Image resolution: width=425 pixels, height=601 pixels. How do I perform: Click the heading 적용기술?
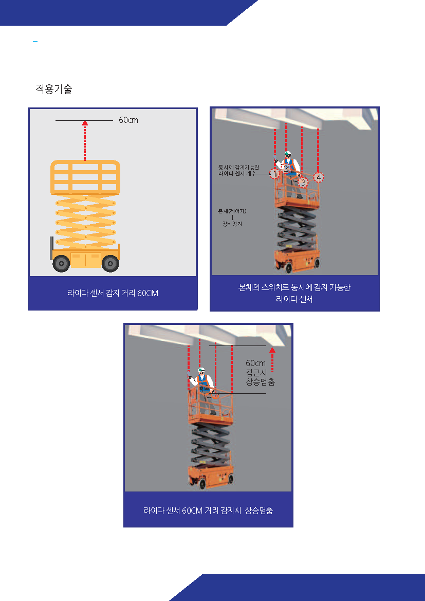[x=53, y=89]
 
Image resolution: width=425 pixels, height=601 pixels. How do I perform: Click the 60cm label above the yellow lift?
[x=128, y=120]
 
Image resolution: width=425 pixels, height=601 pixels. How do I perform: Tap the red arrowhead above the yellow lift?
[x=85, y=123]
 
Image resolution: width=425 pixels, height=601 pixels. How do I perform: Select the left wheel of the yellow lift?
[x=61, y=263]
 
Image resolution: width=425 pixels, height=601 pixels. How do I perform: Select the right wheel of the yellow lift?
[x=110, y=263]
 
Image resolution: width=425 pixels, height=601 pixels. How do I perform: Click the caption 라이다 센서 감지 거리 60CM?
[x=113, y=293]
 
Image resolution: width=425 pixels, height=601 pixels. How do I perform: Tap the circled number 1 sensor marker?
[x=274, y=174]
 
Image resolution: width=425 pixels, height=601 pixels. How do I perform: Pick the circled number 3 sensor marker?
[x=303, y=183]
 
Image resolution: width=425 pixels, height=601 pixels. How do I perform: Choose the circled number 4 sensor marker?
[x=319, y=177]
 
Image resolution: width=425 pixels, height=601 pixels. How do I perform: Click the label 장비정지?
[x=232, y=224]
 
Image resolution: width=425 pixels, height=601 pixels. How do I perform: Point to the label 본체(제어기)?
[x=232, y=211]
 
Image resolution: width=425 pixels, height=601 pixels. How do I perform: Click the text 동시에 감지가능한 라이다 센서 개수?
[x=238, y=171]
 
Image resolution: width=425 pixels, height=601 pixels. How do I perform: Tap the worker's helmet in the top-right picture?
[x=288, y=154]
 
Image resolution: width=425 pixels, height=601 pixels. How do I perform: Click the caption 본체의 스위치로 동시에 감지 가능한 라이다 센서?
[x=294, y=293]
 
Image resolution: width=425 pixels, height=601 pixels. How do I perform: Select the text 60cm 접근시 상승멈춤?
[x=260, y=373]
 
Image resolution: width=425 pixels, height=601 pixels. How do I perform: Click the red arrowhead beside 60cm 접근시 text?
[x=272, y=350]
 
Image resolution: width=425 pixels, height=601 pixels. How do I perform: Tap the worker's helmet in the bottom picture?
[x=201, y=370]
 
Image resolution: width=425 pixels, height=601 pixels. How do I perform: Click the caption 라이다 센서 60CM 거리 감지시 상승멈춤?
[x=208, y=511]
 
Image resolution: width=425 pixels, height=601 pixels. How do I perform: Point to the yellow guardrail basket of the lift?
[x=85, y=177]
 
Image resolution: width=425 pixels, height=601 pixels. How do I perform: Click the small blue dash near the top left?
[x=35, y=41]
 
